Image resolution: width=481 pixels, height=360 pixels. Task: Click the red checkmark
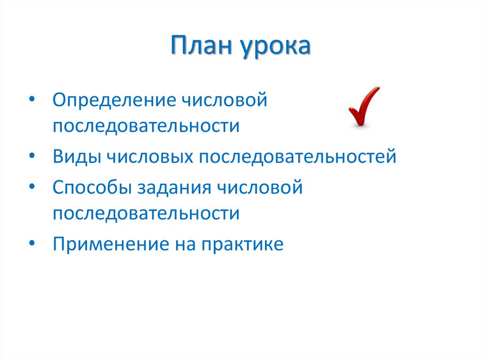click(364, 107)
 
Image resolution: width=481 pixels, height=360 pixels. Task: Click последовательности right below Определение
click(146, 126)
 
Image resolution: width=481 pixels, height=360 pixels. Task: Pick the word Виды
click(76, 156)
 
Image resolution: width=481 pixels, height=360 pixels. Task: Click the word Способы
click(92, 188)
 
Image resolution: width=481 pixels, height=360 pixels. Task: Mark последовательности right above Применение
click(146, 214)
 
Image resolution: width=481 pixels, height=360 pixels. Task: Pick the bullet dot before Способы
click(31, 186)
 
